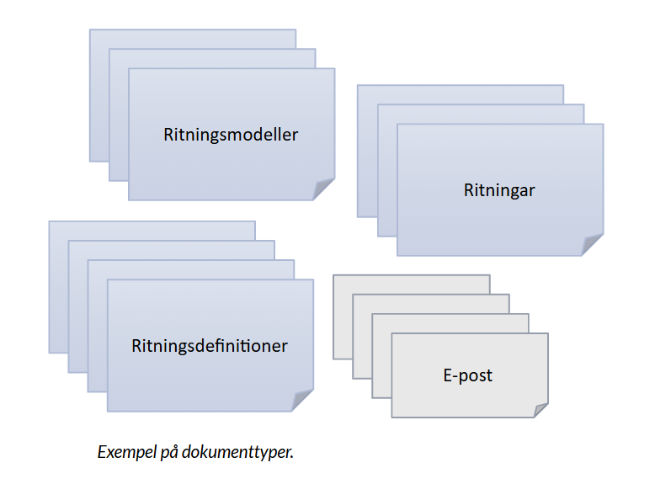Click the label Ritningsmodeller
(231, 135)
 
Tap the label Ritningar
(499, 190)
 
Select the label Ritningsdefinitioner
(210, 346)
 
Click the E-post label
(467, 375)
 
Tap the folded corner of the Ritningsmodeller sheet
(324, 189)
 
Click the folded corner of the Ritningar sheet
(593, 245)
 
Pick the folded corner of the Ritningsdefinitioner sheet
(303, 401)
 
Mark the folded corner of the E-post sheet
(538, 407)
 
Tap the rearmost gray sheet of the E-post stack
(413, 284)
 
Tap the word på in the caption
(170, 453)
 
